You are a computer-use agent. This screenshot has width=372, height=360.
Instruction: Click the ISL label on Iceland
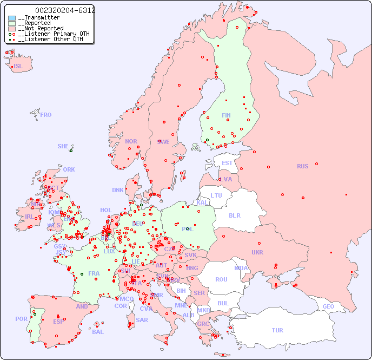click(18, 67)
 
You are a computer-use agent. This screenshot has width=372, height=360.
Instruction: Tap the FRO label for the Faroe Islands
click(46, 115)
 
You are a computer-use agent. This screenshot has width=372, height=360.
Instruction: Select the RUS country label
click(302, 166)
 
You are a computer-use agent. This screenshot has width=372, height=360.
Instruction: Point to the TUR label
click(277, 330)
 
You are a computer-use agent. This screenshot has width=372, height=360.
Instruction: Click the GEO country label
click(328, 306)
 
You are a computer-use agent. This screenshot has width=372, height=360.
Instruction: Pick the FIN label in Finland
click(226, 115)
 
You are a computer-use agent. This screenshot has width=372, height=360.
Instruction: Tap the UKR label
click(257, 252)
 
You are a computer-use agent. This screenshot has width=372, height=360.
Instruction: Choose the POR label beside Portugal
click(21, 319)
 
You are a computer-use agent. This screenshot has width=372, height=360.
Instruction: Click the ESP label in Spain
click(58, 322)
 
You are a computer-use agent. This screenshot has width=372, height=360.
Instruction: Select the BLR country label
click(235, 215)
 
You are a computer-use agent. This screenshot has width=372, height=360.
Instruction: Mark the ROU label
click(221, 279)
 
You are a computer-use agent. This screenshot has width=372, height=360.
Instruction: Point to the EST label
click(227, 163)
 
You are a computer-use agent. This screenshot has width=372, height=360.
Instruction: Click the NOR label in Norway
click(131, 141)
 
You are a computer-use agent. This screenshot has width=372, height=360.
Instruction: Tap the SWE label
click(163, 142)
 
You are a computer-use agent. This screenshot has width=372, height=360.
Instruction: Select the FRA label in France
click(94, 273)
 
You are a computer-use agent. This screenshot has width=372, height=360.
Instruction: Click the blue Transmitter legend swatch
click(12, 18)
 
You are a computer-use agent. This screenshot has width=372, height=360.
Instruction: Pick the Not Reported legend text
click(41, 28)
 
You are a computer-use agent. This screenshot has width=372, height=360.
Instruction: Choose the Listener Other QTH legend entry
click(50, 39)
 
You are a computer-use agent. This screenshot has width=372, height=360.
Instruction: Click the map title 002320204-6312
click(65, 10)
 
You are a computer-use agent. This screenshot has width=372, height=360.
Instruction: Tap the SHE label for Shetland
click(63, 146)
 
